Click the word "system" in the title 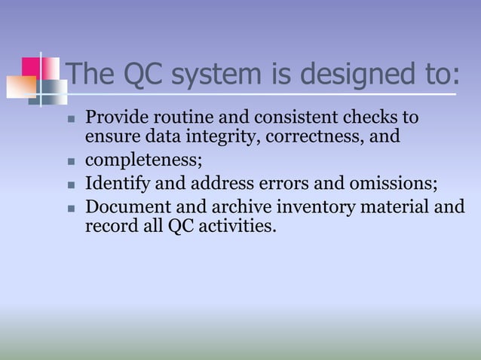point(198,74)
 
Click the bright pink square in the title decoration point(30,66)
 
